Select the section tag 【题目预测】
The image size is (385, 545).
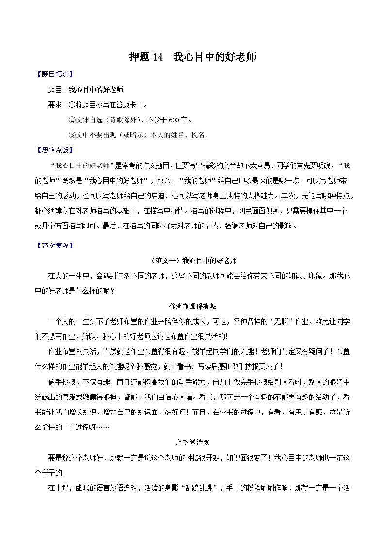pos(55,75)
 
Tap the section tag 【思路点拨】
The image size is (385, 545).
pos(55,150)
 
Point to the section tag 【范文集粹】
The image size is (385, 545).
pos(55,246)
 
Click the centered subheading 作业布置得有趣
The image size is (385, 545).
pos(192,306)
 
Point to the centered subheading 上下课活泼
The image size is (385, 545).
pos(192,443)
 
